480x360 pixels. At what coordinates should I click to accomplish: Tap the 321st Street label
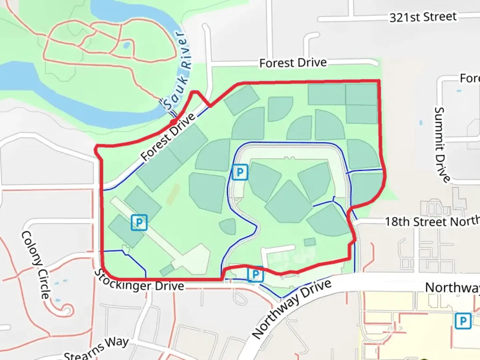tap(423, 17)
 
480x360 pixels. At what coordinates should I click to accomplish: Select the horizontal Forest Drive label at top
tap(293, 63)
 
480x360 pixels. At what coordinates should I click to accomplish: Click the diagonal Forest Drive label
tap(168, 137)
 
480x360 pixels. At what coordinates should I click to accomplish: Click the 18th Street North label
tap(432, 221)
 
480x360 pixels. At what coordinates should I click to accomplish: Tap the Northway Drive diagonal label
tap(292, 309)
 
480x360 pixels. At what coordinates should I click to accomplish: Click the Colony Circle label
tap(36, 265)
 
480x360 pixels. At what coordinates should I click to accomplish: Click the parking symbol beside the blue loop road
tap(240, 172)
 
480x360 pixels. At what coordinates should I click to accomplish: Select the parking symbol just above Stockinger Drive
tap(255, 274)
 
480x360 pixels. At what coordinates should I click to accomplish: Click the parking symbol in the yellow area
tap(463, 321)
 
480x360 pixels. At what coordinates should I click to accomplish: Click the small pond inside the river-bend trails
tap(127, 45)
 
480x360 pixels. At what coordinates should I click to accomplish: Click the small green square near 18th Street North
tap(310, 242)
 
